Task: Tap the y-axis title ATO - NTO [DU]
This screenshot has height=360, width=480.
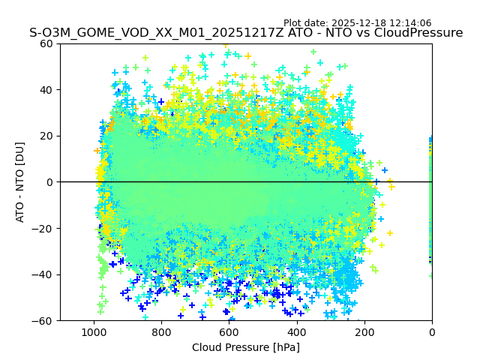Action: (20, 182)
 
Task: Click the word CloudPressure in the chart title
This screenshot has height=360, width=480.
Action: (418, 33)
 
